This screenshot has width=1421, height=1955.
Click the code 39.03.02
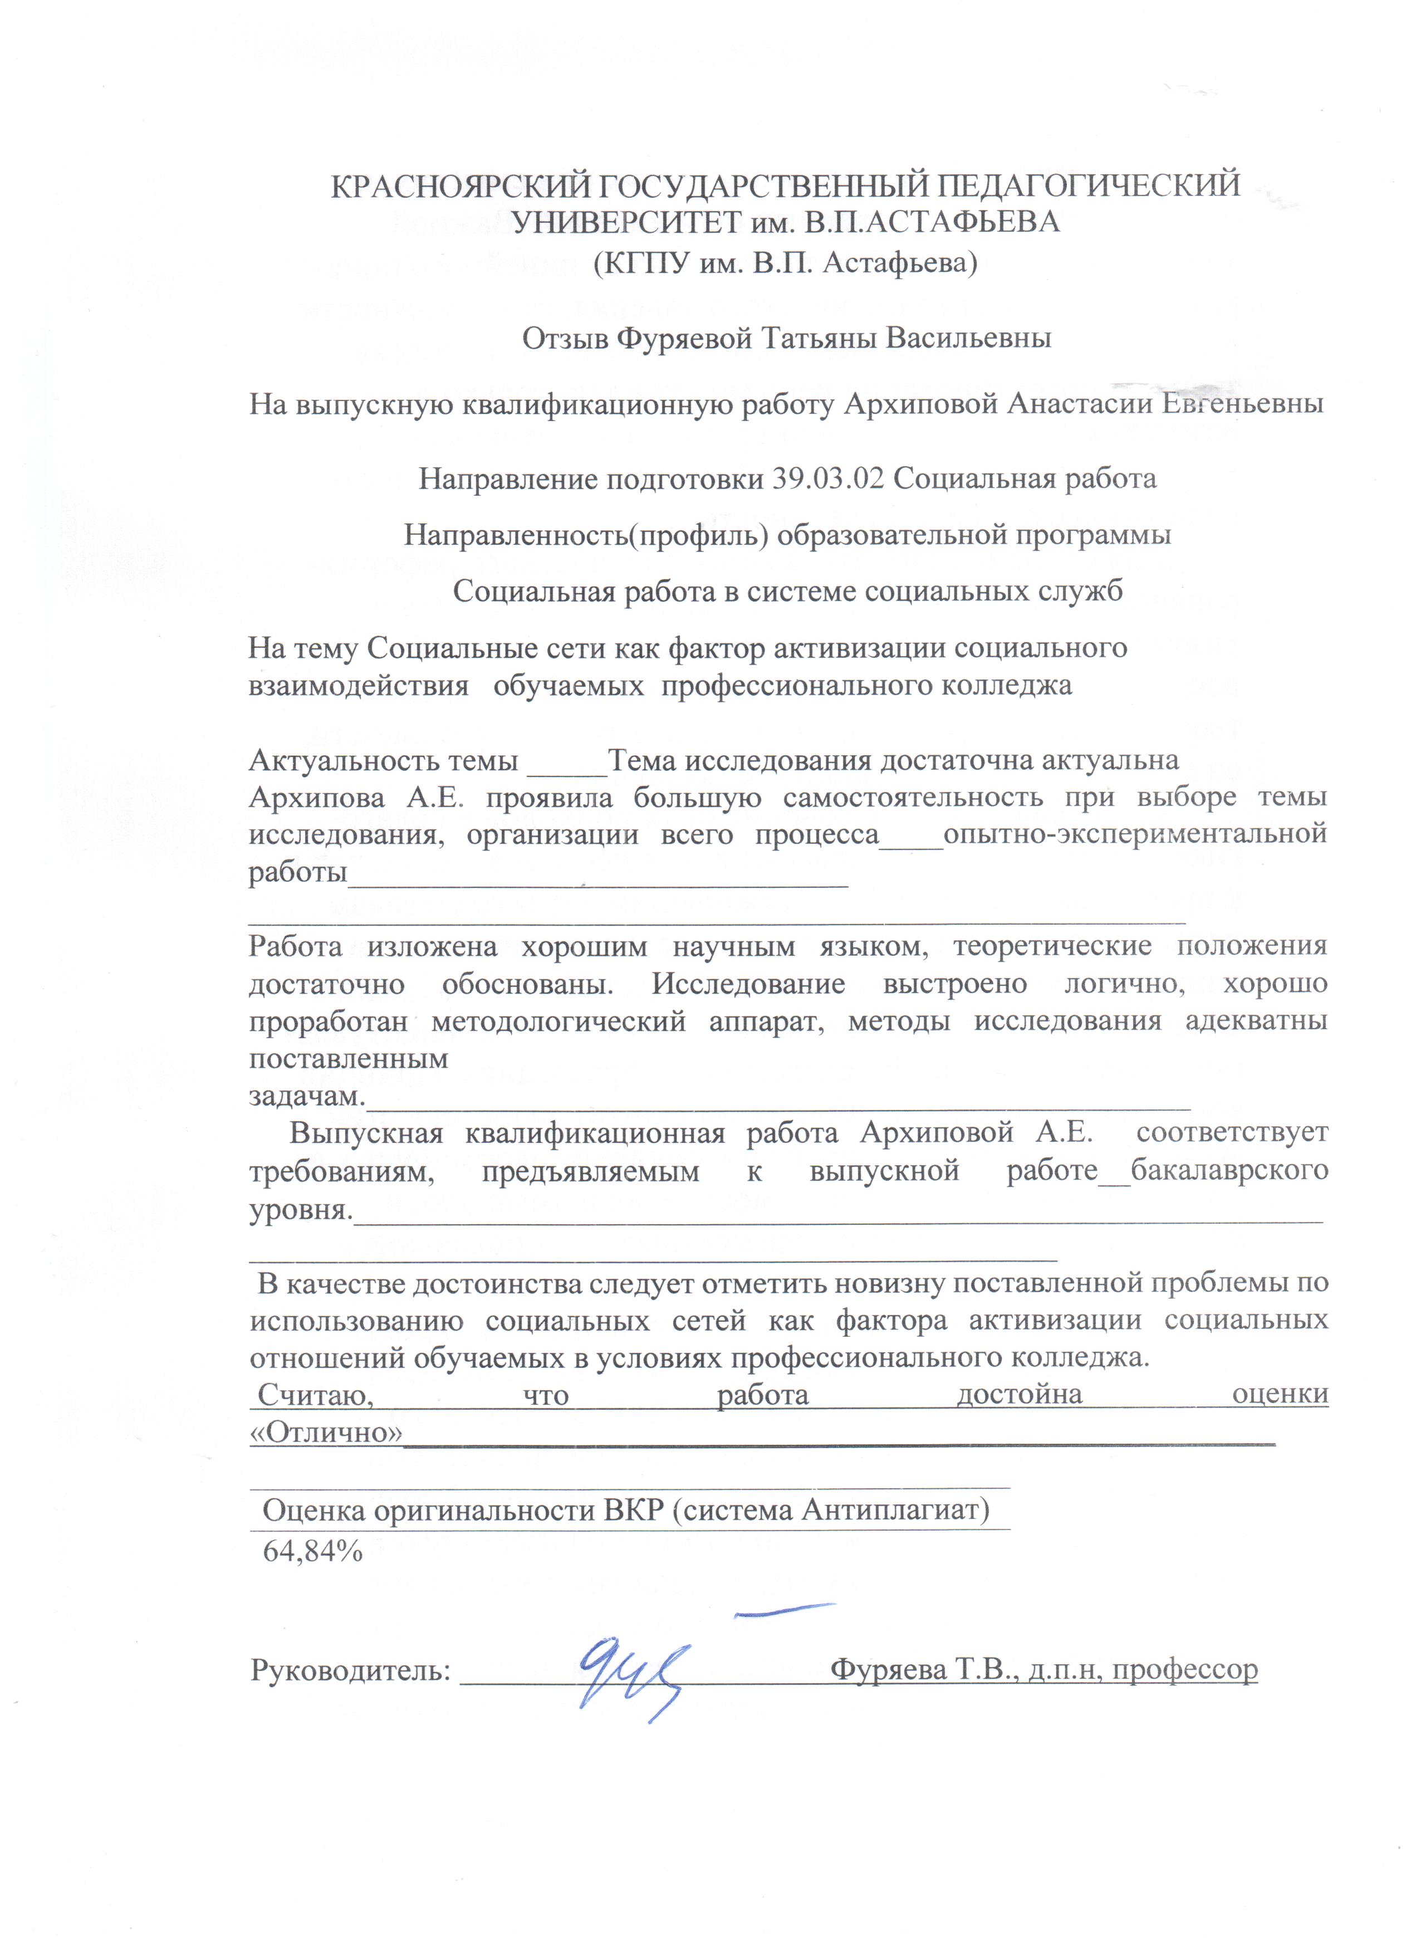tap(828, 478)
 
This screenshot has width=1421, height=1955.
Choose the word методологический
tap(558, 1022)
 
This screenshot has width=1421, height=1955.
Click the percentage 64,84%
tap(312, 1552)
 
